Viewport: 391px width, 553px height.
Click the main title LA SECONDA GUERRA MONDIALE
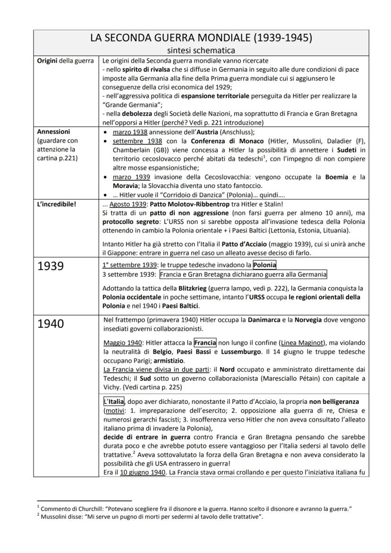point(201,38)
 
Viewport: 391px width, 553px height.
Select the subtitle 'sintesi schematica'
point(201,50)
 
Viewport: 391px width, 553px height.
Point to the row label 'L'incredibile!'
point(54,206)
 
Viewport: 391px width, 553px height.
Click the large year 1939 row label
point(51,266)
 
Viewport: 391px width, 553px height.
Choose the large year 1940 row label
point(51,324)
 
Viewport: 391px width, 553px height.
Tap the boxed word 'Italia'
point(113,401)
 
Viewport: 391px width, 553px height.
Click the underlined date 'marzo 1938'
point(127,132)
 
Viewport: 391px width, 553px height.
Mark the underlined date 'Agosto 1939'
point(125,206)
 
